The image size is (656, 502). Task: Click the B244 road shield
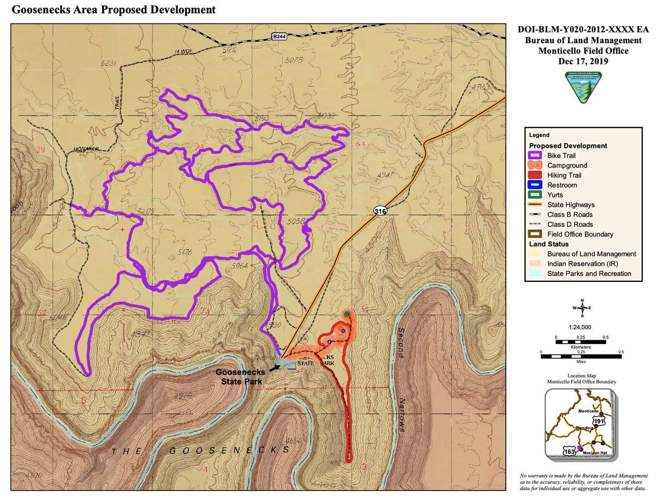pos(278,36)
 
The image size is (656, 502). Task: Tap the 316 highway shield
pos(380,212)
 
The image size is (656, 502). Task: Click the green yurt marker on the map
pos(347,313)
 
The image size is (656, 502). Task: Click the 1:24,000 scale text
pos(582,327)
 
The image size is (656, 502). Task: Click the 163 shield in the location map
pos(569,452)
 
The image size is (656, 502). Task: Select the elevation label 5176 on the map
pos(184,252)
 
